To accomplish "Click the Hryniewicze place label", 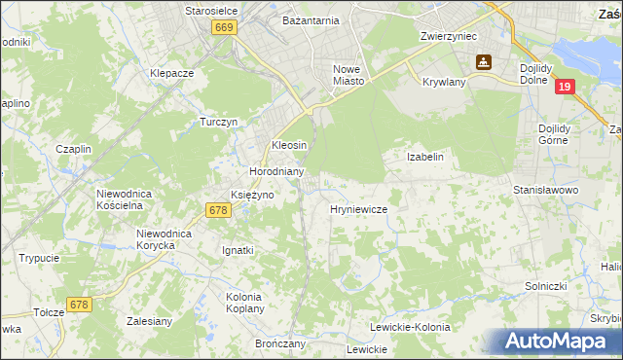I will click(359, 209).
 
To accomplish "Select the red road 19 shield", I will click(565, 88).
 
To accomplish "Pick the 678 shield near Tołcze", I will click(79, 305).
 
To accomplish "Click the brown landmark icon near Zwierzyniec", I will click(481, 63).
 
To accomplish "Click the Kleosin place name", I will click(289, 145).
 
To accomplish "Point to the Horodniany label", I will click(277, 171).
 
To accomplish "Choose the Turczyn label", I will click(219, 123).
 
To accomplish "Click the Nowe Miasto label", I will click(348, 75).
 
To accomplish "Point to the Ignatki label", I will click(238, 250).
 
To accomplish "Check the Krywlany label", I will click(445, 83).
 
